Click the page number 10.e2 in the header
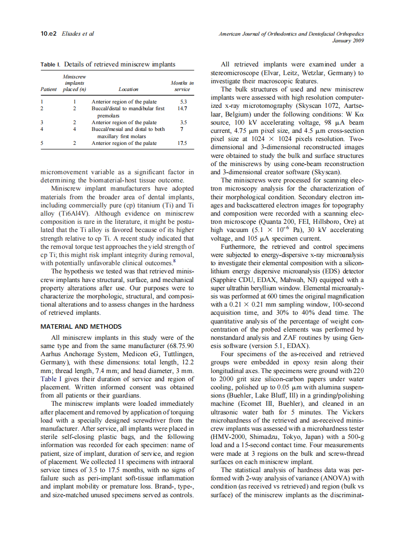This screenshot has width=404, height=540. pyautogui.click(x=48, y=34)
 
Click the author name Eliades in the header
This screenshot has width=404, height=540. pyautogui.click(x=71, y=34)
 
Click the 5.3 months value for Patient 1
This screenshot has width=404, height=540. pyautogui.click(x=183, y=102)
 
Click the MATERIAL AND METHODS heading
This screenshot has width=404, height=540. pyautogui.click(x=81, y=327)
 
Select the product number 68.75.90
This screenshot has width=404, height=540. pyautogui.click(x=179, y=346)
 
